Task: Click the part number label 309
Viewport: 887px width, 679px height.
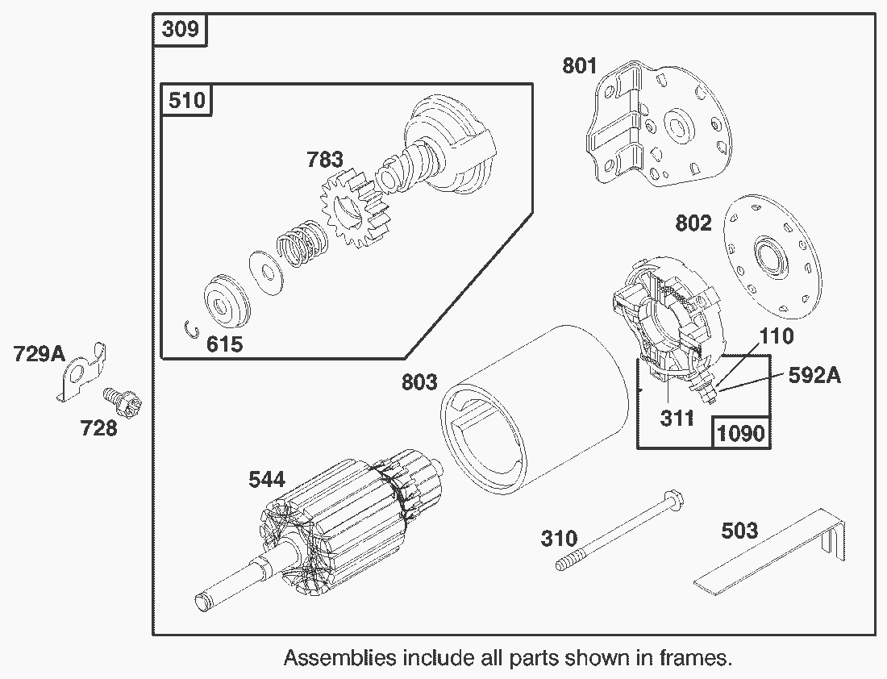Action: pyautogui.click(x=181, y=30)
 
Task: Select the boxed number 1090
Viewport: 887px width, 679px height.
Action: pyautogui.click(x=740, y=433)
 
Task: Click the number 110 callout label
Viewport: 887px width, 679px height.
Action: pyautogui.click(x=776, y=335)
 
